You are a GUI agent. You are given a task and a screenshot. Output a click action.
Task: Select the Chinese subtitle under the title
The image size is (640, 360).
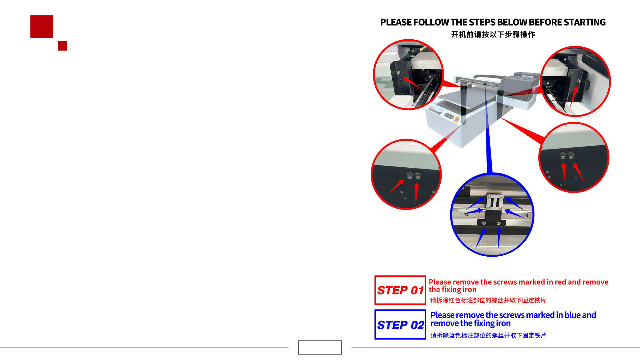coord(493,34)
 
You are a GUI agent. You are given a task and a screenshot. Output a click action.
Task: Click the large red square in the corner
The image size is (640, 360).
coord(42,27)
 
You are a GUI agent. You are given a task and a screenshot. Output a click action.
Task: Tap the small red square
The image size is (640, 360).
coord(62,46)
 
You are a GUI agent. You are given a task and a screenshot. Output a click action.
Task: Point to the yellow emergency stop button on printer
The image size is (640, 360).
coord(457,120)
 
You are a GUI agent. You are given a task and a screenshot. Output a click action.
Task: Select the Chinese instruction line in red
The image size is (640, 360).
coord(488,300)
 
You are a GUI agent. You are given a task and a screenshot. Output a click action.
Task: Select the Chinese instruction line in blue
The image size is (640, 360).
coord(488,335)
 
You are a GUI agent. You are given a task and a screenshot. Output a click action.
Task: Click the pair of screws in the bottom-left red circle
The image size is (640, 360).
coord(414,175)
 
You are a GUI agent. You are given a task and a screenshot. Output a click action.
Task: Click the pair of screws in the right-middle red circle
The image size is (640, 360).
coord(567,156)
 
